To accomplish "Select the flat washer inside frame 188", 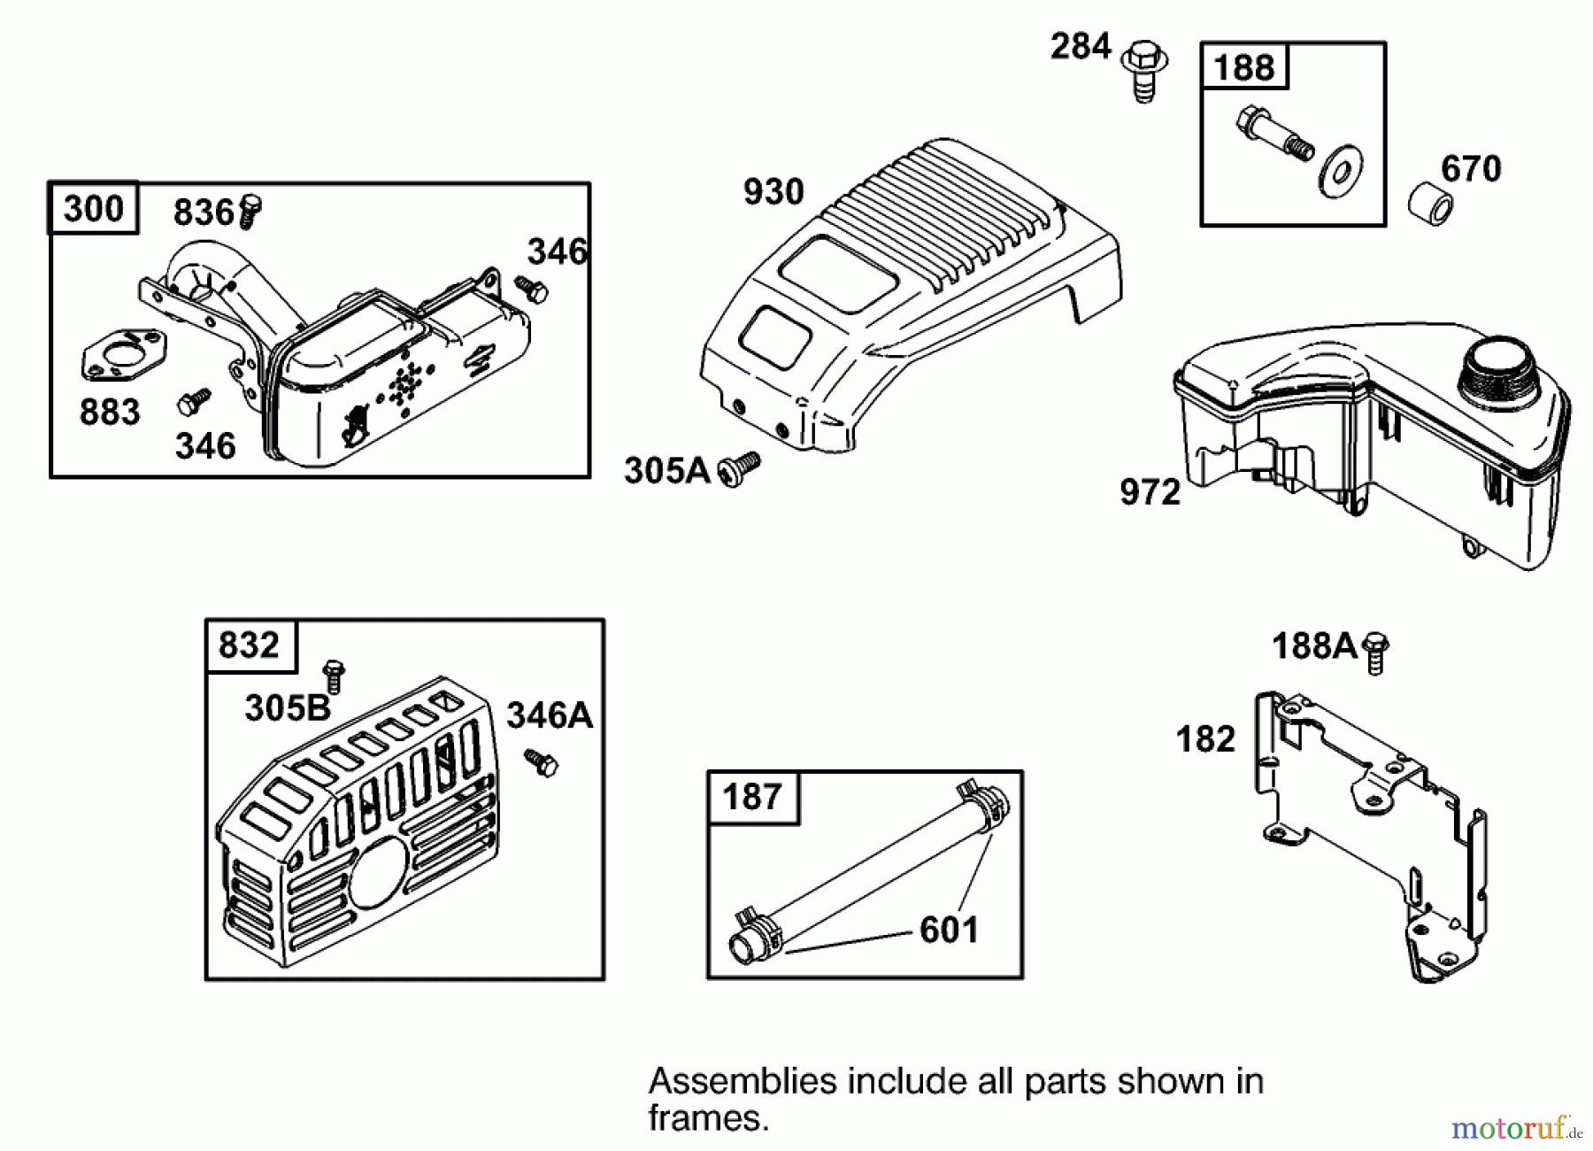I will click(1340, 172).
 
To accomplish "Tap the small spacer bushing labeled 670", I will click(1430, 203).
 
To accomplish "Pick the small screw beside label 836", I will click(250, 211).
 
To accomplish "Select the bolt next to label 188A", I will click(1375, 653).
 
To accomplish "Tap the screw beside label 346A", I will click(540, 762).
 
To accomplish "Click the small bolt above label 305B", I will click(334, 675).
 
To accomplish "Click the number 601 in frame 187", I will click(949, 930).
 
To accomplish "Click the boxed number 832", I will click(250, 645).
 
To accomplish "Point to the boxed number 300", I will click(93, 209).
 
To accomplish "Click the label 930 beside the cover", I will click(773, 191).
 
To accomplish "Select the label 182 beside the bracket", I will click(1205, 738).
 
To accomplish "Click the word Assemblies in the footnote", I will click(741, 1081).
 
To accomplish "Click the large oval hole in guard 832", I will click(379, 872).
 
